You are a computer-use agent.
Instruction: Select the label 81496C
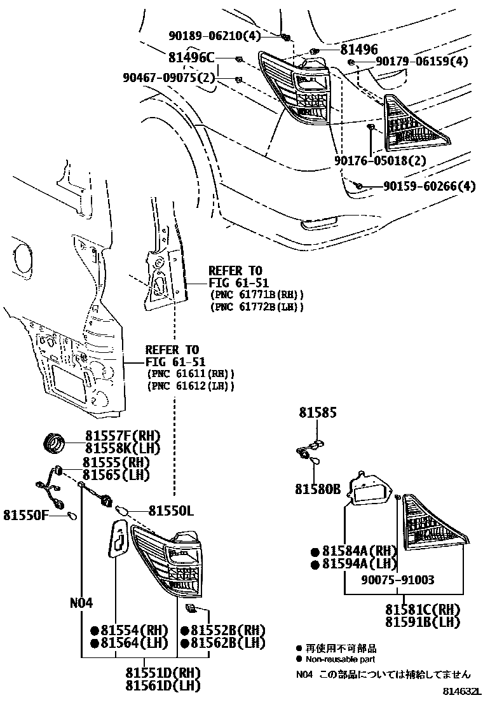pos(191,57)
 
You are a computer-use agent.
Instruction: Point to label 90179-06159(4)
pos(421,62)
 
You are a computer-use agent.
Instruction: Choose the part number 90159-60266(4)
pos(429,186)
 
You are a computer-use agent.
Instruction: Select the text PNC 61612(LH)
pos(191,386)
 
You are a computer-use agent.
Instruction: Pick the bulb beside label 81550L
pos(124,510)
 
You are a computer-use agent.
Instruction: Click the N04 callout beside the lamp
pos(81,603)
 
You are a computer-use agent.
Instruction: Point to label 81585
pos(318,414)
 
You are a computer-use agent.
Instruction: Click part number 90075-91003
pos(398,580)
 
